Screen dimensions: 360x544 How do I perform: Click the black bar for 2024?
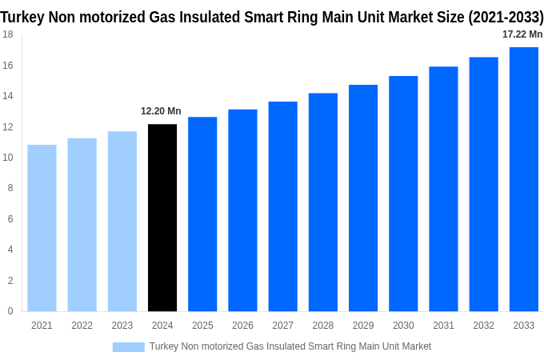162,218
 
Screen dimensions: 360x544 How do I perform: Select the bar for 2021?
42,228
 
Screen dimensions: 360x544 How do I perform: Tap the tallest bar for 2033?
524,179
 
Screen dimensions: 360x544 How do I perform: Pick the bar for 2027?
283,206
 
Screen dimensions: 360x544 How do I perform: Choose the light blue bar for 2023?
122,222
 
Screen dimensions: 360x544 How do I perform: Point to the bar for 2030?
403,194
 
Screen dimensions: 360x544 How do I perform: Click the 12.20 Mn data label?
161,111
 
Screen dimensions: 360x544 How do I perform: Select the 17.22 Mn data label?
522,34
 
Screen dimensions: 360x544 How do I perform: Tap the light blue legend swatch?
128,346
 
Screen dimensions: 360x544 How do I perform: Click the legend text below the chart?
290,346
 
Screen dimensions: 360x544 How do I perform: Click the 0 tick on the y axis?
10,311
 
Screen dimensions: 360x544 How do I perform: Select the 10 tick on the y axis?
7,158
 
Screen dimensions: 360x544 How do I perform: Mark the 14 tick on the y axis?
7,96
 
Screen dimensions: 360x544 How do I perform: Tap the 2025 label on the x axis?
202,326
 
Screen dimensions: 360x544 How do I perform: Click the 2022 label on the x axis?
82,326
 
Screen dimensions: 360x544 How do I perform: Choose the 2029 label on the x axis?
363,326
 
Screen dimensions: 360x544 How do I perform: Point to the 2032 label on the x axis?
483,326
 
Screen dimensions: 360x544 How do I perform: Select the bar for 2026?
242,210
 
